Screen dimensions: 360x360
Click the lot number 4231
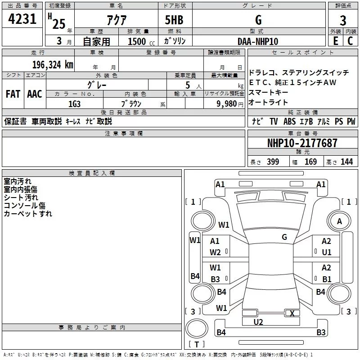tap(22, 20)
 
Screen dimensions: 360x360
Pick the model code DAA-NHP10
tap(258, 41)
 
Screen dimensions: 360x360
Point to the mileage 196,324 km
tap(52, 65)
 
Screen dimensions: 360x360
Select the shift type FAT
tap(13, 94)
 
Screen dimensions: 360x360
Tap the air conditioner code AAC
tap(34, 94)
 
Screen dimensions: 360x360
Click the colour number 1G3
tap(74, 103)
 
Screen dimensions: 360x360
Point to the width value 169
tap(310, 162)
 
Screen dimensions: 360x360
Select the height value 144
tap(346, 162)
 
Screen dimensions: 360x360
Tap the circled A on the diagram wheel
tap(339, 221)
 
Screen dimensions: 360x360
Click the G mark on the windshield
tap(284, 237)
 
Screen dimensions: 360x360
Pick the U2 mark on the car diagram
tap(258, 322)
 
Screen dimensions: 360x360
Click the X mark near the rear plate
tap(292, 313)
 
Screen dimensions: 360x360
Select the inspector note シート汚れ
tap(21, 197)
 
